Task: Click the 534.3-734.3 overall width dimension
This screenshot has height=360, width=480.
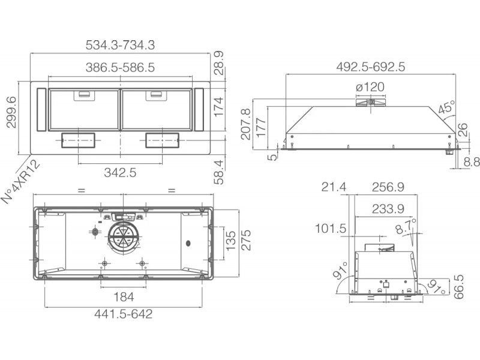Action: [120, 45]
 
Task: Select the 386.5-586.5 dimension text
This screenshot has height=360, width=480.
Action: [120, 67]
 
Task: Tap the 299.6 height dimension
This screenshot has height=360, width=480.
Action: [11, 112]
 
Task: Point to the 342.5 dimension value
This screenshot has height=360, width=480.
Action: [120, 173]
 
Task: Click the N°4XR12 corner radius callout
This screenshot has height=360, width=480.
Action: [21, 182]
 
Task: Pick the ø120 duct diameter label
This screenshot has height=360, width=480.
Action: [370, 87]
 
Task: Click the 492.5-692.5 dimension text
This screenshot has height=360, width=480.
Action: [370, 67]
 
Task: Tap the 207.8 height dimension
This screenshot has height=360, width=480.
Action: [246, 124]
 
